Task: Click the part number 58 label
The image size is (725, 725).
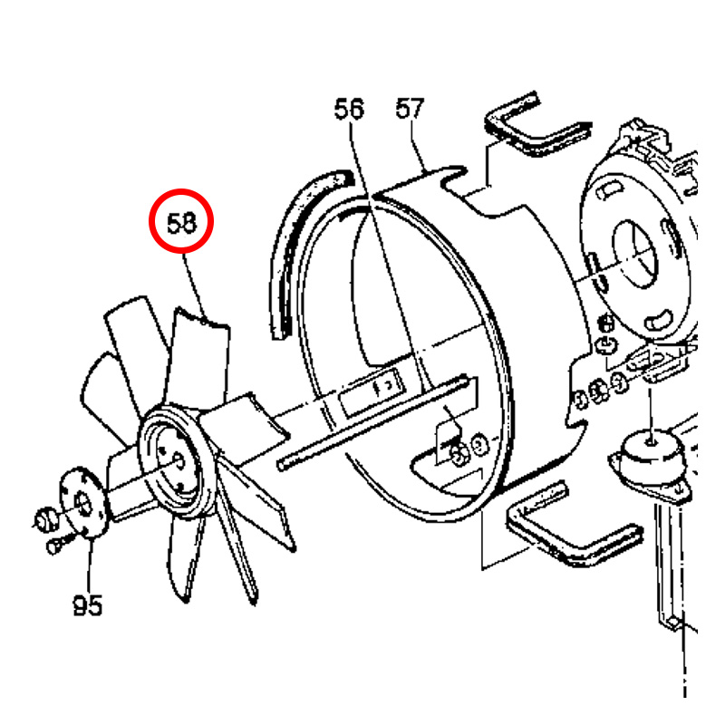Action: (x=182, y=223)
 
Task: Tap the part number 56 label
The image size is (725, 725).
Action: (x=349, y=109)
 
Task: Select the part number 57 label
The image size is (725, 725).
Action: (x=411, y=108)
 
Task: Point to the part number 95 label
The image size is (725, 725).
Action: (x=88, y=604)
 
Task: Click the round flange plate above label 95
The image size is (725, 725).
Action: (x=83, y=503)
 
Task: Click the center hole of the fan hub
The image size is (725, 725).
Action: (x=179, y=461)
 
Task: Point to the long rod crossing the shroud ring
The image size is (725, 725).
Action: (x=373, y=421)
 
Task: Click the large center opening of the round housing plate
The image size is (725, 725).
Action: (x=634, y=255)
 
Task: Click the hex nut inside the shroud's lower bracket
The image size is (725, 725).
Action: (x=459, y=455)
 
